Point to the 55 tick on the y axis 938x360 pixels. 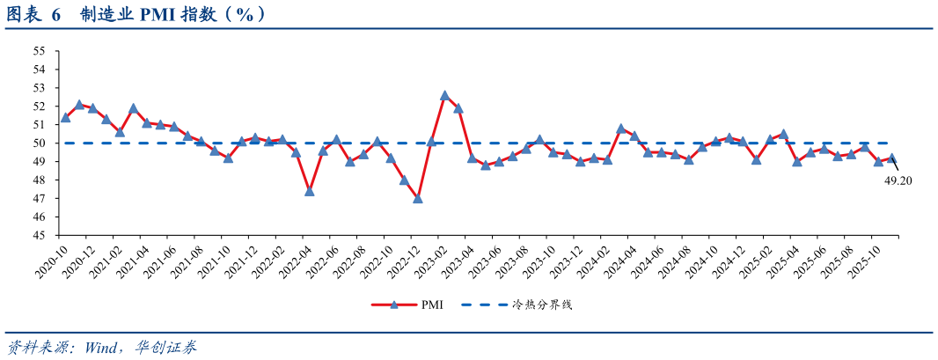(x=40, y=51)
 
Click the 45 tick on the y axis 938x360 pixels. (x=40, y=236)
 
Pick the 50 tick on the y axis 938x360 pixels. (x=40, y=143)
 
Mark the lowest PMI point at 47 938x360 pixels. (x=418, y=198)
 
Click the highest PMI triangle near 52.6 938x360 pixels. (x=445, y=95)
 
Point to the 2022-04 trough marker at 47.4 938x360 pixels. (x=310, y=191)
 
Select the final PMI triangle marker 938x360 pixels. (x=892, y=158)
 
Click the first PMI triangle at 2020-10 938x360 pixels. (x=65, y=117)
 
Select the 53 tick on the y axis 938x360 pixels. (x=40, y=88)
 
